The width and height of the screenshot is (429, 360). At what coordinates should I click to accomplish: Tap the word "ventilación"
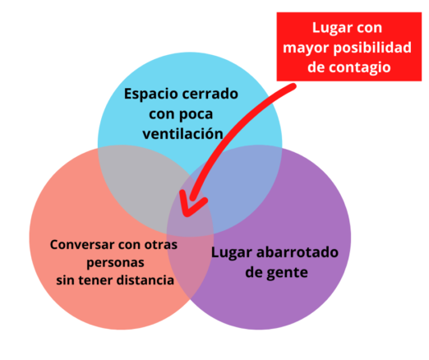tap(182, 134)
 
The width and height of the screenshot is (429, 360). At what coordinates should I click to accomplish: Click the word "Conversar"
tap(82, 245)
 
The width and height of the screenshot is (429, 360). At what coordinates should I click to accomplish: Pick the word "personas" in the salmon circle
tap(115, 263)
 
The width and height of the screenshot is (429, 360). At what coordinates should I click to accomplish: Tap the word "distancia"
tap(145, 280)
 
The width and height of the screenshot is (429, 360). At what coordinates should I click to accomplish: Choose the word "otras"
tap(161, 245)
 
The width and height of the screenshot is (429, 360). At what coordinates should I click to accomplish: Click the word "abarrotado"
tap(298, 252)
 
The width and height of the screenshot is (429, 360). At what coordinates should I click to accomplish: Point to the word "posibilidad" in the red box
tap(372, 48)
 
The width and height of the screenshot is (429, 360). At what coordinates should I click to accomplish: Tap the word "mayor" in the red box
tap(307, 49)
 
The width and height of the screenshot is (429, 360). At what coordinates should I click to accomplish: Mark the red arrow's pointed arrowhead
tap(187, 214)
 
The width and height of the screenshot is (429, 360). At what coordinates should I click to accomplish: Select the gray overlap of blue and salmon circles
tap(142, 187)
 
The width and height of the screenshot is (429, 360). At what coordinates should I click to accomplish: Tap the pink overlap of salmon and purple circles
tap(189, 263)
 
